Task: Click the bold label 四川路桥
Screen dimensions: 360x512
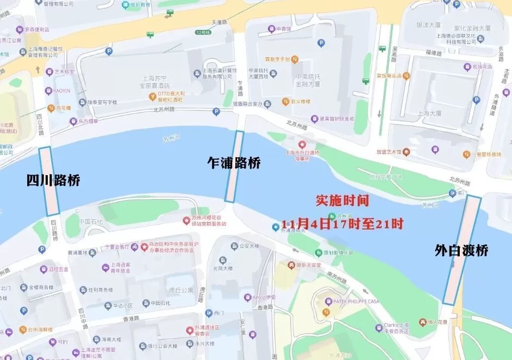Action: click(x=53, y=181)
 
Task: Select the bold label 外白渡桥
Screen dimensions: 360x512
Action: click(x=461, y=250)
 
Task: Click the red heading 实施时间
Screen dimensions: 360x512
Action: click(x=342, y=200)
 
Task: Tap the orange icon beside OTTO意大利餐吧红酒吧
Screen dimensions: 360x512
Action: click(x=153, y=96)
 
